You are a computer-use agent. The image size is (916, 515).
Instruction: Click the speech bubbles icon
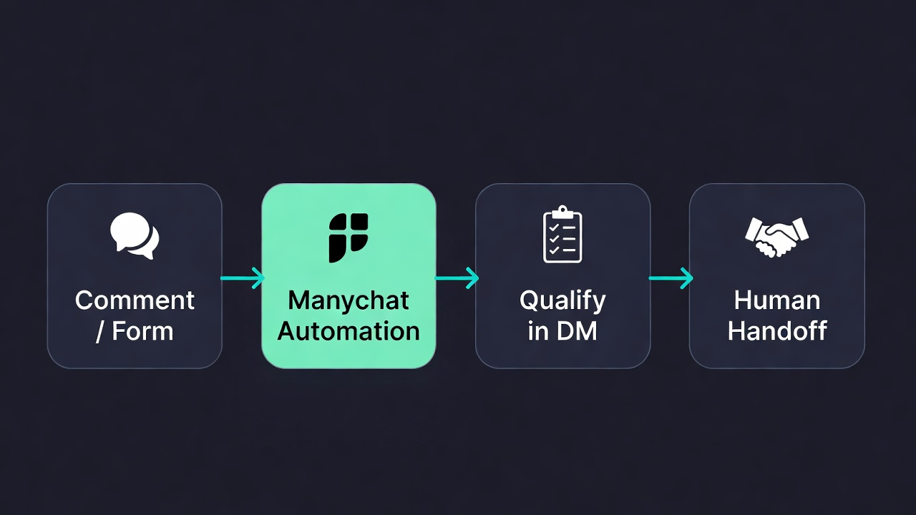pyautogui.click(x=135, y=236)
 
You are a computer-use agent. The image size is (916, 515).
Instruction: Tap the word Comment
pyautogui.click(x=135, y=300)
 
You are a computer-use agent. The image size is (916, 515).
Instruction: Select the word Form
pyautogui.click(x=142, y=330)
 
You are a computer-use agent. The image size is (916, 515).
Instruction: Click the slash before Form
pyautogui.click(x=99, y=331)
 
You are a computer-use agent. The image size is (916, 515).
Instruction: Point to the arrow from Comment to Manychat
pyautogui.click(x=242, y=278)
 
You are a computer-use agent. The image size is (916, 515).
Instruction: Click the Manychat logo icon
pyautogui.click(x=349, y=237)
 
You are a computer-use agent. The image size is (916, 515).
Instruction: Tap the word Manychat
pyautogui.click(x=349, y=302)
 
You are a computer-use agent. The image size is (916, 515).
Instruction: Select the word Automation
pyautogui.click(x=349, y=330)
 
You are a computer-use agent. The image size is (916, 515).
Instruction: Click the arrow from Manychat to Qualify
pyautogui.click(x=457, y=278)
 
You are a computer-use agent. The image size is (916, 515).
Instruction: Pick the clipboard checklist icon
pyautogui.click(x=562, y=234)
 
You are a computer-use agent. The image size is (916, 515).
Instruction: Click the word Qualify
pyautogui.click(x=562, y=302)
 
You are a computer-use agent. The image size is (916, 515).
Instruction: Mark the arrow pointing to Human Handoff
pyautogui.click(x=671, y=278)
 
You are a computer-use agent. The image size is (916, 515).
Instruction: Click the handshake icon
pyautogui.click(x=776, y=237)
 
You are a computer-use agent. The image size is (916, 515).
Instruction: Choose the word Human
pyautogui.click(x=777, y=300)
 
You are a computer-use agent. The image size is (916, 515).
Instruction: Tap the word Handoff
pyautogui.click(x=777, y=330)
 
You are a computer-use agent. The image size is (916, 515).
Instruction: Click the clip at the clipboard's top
pyautogui.click(x=562, y=212)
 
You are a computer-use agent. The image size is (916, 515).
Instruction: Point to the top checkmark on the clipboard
pyautogui.click(x=554, y=228)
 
